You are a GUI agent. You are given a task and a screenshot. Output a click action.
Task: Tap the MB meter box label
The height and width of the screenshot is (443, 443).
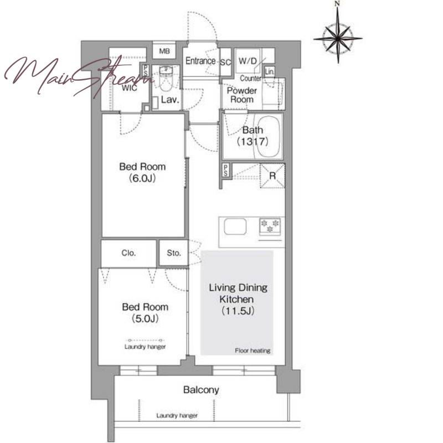(x=164, y=51)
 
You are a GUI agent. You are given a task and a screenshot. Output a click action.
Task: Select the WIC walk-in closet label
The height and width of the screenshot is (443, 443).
(x=130, y=88)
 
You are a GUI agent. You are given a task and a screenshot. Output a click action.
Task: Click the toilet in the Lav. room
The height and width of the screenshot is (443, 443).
(x=166, y=79)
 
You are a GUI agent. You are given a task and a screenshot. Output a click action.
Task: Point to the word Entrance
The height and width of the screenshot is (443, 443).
(x=200, y=61)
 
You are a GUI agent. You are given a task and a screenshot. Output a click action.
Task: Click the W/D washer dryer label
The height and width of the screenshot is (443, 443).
(x=248, y=61)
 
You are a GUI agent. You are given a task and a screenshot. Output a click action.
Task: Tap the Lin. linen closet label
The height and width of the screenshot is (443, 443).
(x=270, y=71)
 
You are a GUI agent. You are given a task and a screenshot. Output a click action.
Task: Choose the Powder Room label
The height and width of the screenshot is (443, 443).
(x=242, y=95)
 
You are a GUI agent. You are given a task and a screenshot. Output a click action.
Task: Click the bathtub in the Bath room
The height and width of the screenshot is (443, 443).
(x=268, y=136)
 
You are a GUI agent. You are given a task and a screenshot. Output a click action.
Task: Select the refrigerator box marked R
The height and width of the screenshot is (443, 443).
(x=272, y=176)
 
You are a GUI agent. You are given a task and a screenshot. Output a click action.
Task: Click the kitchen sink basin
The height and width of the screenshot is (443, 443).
(x=235, y=226)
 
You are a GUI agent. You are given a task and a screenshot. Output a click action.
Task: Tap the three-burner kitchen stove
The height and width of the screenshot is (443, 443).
(x=270, y=226)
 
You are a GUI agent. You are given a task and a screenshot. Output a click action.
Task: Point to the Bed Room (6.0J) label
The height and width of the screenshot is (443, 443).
(x=142, y=172)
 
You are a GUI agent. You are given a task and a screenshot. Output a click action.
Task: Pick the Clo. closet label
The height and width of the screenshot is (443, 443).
(x=128, y=253)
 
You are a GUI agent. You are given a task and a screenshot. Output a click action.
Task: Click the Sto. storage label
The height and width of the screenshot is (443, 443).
(x=173, y=253)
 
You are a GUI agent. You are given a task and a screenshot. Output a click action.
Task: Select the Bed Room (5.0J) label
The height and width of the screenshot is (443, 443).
(x=145, y=312)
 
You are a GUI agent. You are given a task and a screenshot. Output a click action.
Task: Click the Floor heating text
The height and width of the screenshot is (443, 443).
(x=253, y=351)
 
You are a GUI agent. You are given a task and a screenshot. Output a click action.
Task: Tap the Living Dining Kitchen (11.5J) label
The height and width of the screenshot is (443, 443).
(x=238, y=299)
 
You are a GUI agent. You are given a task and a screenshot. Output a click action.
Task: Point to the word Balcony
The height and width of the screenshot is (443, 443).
(x=201, y=390)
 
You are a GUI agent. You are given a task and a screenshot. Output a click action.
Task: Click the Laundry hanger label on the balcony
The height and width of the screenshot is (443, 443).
(x=177, y=416)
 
